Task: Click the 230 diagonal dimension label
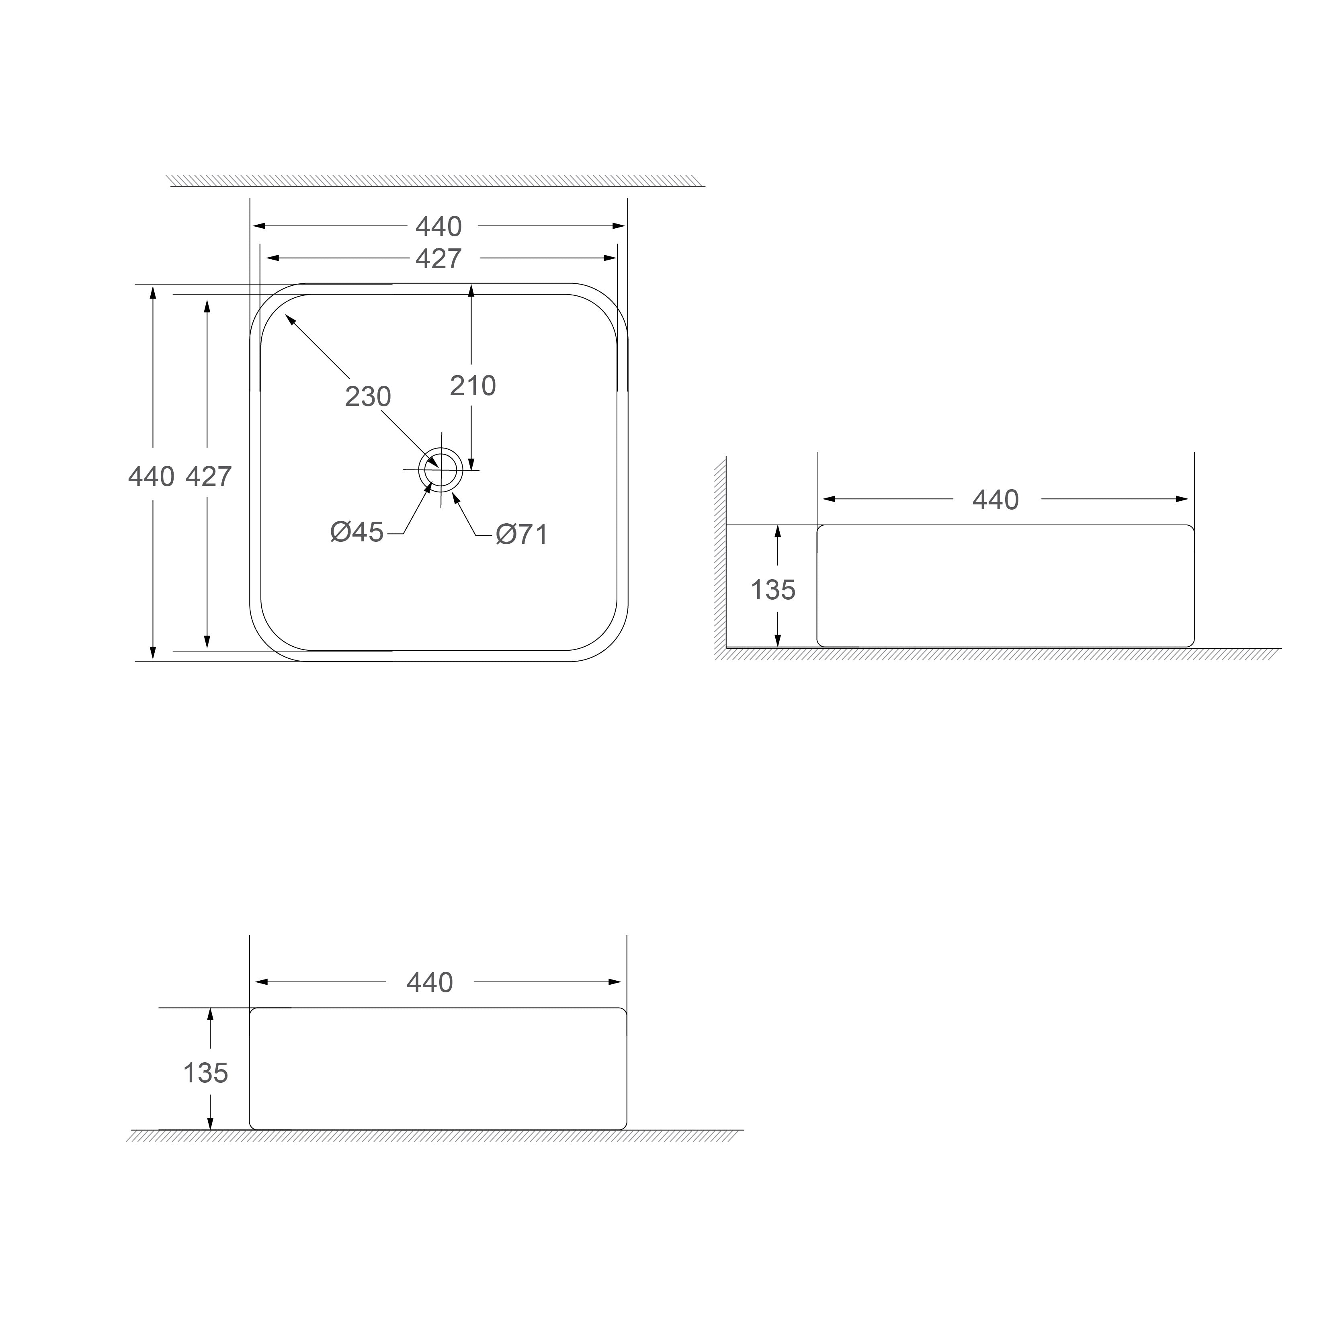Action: point(368,397)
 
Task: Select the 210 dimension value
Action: point(473,385)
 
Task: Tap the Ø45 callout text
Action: point(357,532)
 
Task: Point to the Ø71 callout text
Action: point(522,534)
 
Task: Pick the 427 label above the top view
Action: point(438,259)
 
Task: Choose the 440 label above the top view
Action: point(438,227)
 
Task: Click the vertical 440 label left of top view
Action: point(151,477)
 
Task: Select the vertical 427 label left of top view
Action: point(209,477)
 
